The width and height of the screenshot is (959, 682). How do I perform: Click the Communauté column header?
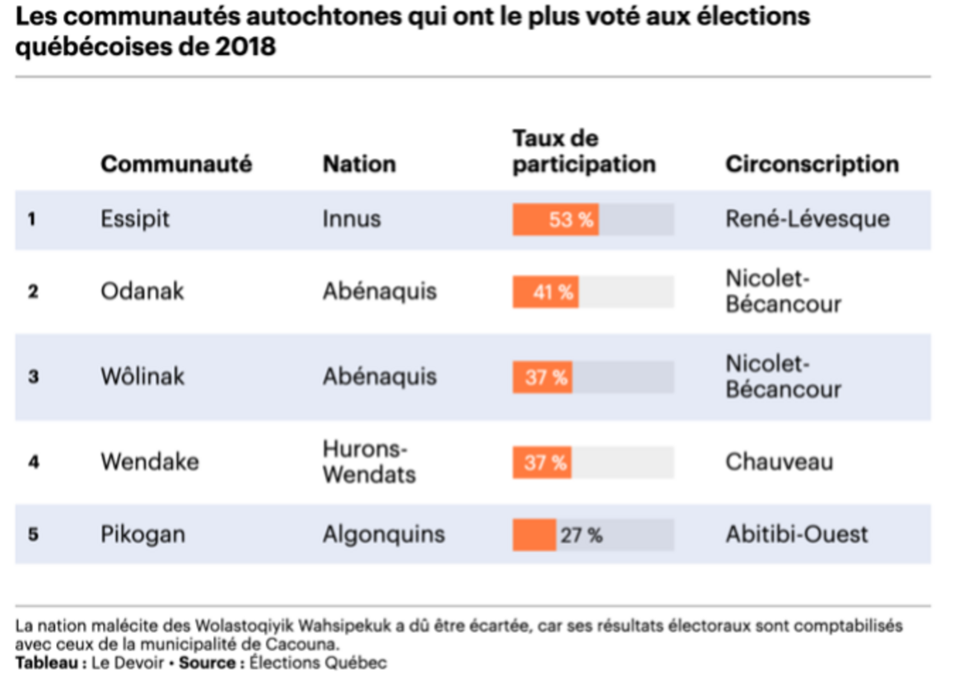tap(176, 164)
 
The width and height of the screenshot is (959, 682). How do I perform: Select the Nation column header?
tap(359, 164)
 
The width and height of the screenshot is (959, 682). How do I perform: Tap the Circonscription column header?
tap(812, 164)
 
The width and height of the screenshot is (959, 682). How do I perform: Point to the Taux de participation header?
tap(584, 151)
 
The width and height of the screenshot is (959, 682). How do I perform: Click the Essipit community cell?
tap(135, 219)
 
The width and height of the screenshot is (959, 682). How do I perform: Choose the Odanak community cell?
tap(142, 291)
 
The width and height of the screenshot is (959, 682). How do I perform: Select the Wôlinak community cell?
tap(143, 376)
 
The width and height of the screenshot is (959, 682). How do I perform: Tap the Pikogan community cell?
tap(143, 534)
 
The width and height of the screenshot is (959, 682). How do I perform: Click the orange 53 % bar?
tap(555, 219)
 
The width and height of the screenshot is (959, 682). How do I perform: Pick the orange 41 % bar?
tap(545, 292)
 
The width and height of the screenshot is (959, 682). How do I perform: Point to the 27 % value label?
tap(582, 535)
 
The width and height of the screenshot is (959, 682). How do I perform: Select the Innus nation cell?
tap(351, 219)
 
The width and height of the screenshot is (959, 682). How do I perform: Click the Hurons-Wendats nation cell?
tap(369, 461)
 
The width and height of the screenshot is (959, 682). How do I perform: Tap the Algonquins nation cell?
tap(384, 534)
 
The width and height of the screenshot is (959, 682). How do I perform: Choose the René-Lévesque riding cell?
tap(807, 219)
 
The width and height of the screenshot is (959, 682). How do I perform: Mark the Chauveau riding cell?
tap(779, 462)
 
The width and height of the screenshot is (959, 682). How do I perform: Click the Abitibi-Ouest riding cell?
tap(797, 534)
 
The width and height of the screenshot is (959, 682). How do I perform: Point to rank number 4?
tap(34, 462)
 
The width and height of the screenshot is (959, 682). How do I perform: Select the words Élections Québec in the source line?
tap(318, 663)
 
